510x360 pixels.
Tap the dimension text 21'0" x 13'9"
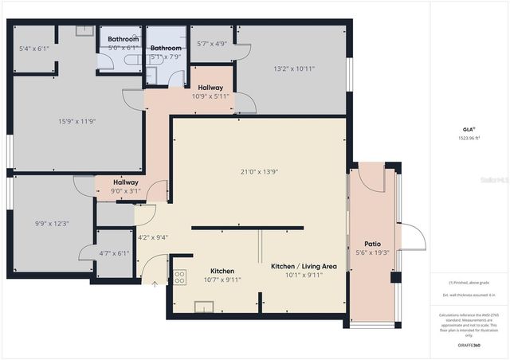tap(259, 171)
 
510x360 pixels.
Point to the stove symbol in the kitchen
tap(180, 277)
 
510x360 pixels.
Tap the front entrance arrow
tap(155, 283)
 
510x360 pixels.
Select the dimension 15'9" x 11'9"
tap(77, 121)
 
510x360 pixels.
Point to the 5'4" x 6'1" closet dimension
tap(34, 48)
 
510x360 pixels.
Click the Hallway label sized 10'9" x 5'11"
tap(210, 87)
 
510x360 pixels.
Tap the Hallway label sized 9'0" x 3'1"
tap(127, 182)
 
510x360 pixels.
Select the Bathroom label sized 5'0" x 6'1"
tap(124, 38)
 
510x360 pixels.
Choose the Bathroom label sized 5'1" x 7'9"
tap(166, 48)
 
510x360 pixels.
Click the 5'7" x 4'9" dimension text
tap(212, 44)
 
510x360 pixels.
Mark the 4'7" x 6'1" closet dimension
tap(113, 253)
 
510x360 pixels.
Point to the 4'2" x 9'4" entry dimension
tap(153, 237)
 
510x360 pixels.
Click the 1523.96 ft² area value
tap(469, 137)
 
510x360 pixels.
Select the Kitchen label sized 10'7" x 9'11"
tap(222, 271)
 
